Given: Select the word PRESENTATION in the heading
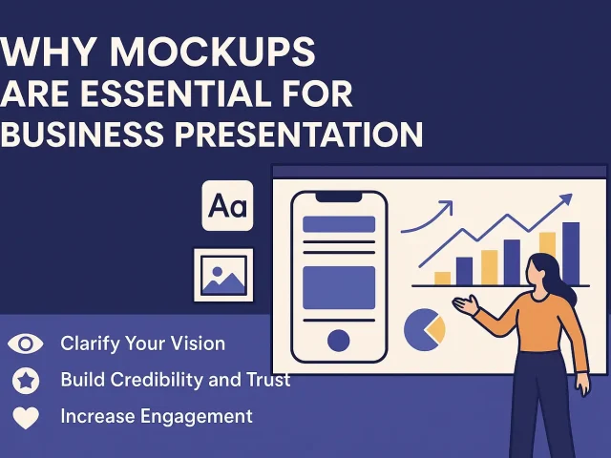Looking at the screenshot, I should (x=300, y=134).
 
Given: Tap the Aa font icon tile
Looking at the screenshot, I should (x=227, y=205).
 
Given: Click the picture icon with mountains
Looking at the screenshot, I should (x=223, y=276).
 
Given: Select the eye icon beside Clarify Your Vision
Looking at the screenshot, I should (x=26, y=343).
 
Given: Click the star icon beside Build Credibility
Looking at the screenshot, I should (x=26, y=381).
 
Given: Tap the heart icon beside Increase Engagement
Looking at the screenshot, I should (x=26, y=417).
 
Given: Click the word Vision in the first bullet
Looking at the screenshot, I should (x=197, y=343).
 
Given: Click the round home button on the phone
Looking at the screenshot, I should (x=338, y=339).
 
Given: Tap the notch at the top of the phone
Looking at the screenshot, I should (x=338, y=197).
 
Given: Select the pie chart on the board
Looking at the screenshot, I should (x=424, y=330).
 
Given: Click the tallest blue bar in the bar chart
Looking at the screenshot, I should (x=571, y=253).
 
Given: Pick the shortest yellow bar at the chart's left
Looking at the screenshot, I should (x=442, y=278).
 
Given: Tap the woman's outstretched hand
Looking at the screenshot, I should (x=464, y=305).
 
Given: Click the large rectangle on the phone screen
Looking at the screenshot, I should (x=338, y=286).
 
